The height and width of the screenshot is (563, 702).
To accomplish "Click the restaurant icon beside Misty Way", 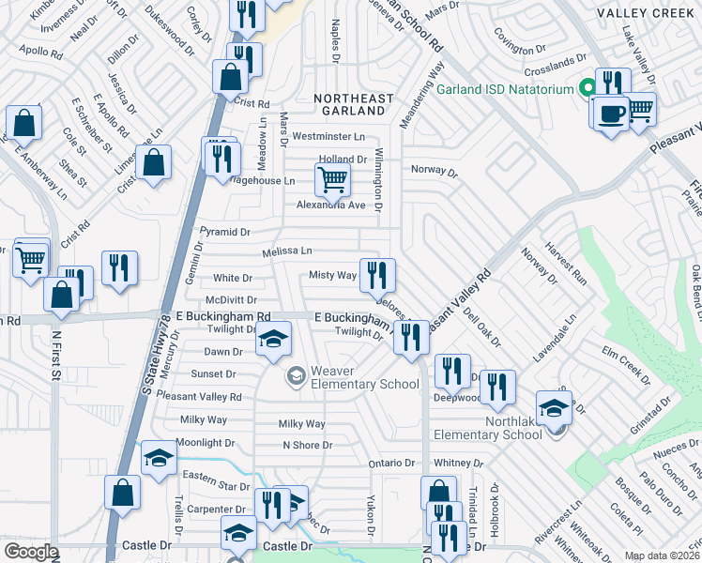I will point(376,274).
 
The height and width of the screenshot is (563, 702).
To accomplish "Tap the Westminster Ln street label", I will point(328,136).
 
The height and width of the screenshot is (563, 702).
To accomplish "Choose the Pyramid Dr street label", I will point(225,232).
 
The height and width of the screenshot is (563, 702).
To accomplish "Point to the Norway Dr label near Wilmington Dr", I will point(434,173).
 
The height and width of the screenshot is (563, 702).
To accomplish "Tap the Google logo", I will point(30,552).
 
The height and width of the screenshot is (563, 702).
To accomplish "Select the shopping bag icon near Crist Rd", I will point(229,78).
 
